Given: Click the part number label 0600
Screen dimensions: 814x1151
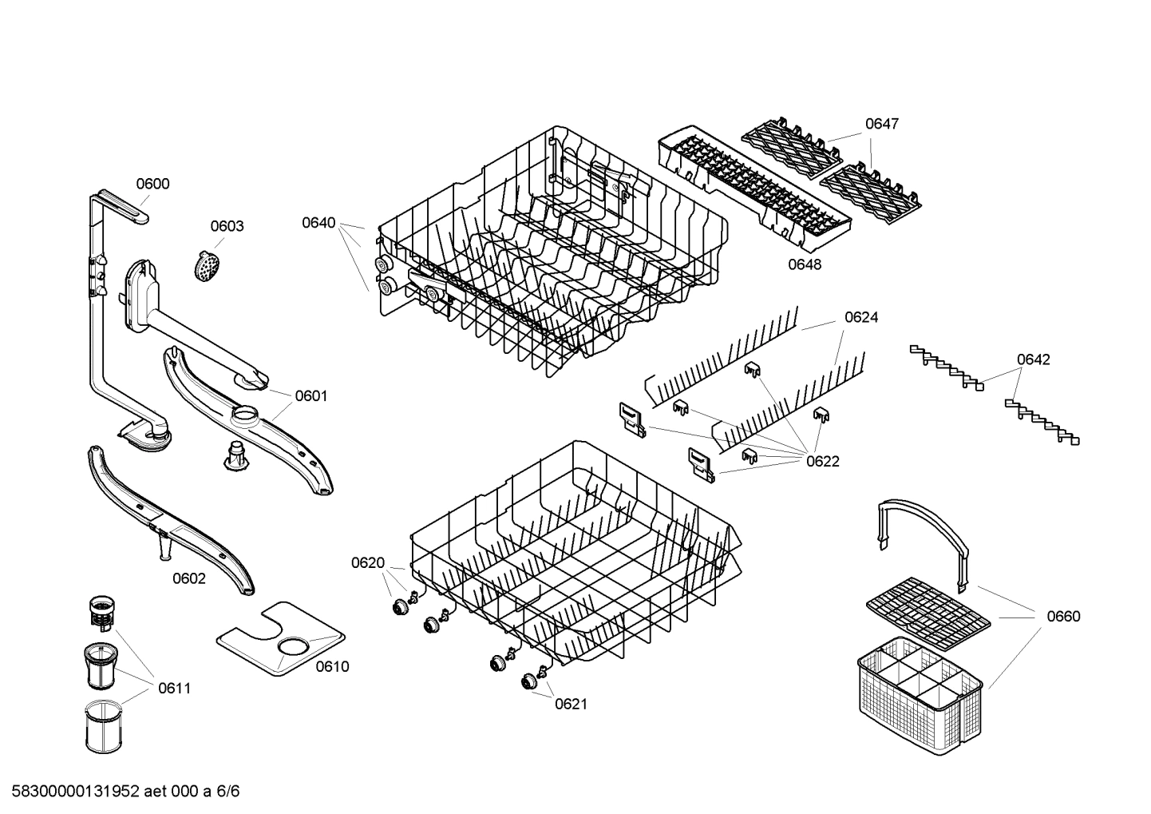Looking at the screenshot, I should coord(152,184).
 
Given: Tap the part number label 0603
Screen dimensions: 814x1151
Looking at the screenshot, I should coord(227,226).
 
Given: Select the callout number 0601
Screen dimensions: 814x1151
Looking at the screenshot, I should coord(311,395).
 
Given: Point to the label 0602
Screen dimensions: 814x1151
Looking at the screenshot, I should coord(189,578).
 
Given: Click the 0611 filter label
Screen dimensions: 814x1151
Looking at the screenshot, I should coord(174,688).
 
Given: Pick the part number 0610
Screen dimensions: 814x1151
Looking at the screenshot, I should coord(332,666).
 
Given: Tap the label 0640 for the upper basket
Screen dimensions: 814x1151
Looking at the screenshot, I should coord(318,223).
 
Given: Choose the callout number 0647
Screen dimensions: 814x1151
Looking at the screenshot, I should coord(882,124).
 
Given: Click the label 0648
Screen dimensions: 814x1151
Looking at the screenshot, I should coord(805,264).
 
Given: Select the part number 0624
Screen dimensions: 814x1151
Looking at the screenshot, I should coord(861,317).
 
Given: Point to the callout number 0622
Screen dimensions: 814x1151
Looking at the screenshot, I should coord(823,461).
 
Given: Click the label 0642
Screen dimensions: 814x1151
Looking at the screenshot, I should coord(1033,359).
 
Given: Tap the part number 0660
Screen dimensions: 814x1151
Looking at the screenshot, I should coord(1063,616).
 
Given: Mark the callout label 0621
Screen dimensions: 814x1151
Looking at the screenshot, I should coord(571,703).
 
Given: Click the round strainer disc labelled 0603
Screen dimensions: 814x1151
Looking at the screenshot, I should coord(207,264).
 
